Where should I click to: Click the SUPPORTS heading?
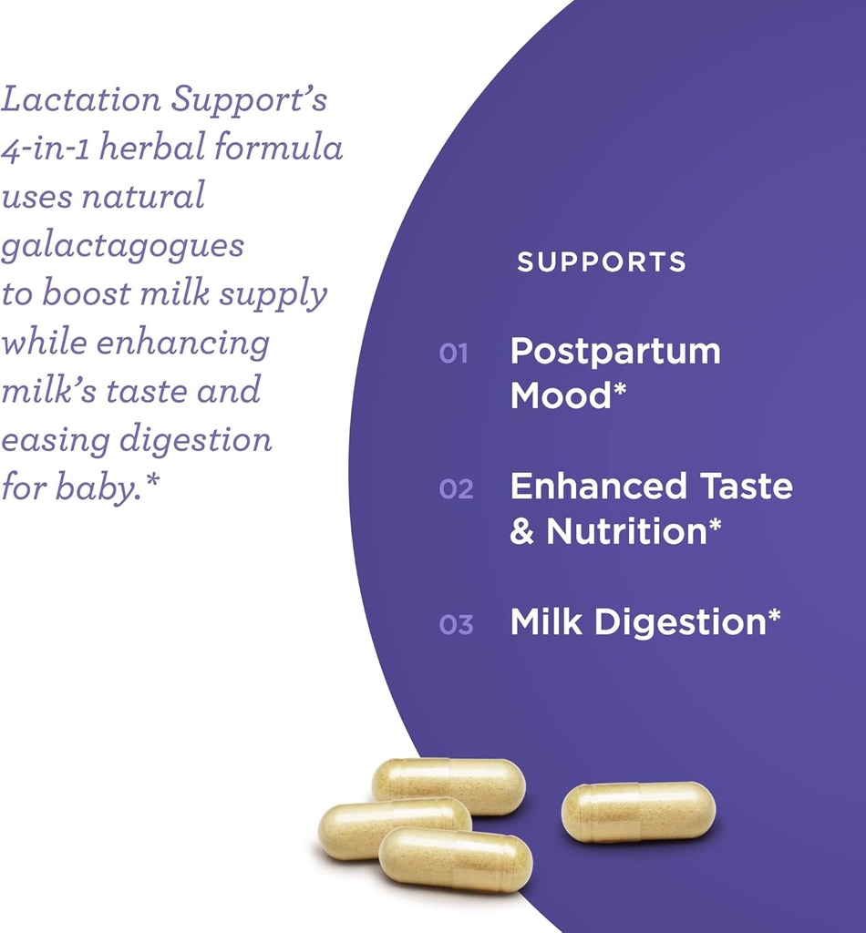(601, 262)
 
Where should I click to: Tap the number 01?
(453, 354)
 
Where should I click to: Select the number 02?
(456, 489)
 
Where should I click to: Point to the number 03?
(456, 625)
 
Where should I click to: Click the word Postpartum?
(615, 352)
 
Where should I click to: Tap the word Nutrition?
(627, 531)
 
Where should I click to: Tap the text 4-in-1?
(45, 149)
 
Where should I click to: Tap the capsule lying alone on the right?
(638, 812)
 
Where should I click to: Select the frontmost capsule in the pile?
(455, 859)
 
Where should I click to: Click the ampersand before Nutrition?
(521, 531)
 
